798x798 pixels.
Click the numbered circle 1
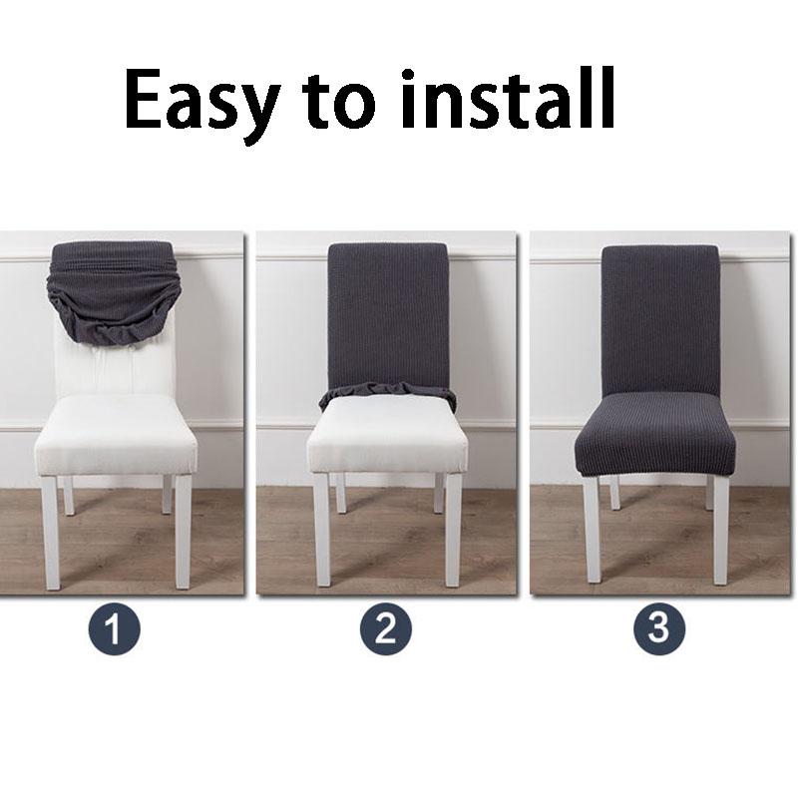(x=115, y=629)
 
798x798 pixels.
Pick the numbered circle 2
(x=386, y=629)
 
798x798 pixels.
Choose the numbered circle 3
(x=659, y=629)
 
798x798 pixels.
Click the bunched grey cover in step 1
(x=114, y=289)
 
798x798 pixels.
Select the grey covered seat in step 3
(x=655, y=434)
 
